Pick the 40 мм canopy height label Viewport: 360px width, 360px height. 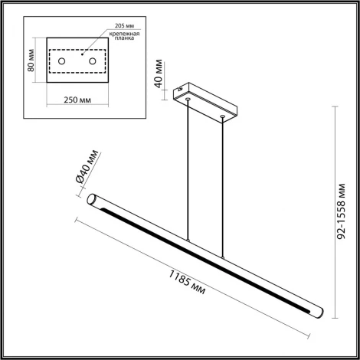[x=159, y=72]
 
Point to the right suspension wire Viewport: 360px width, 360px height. [x=222, y=191]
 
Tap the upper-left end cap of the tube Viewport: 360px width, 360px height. [x=91, y=200]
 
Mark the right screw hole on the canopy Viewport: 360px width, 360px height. [x=222, y=116]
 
